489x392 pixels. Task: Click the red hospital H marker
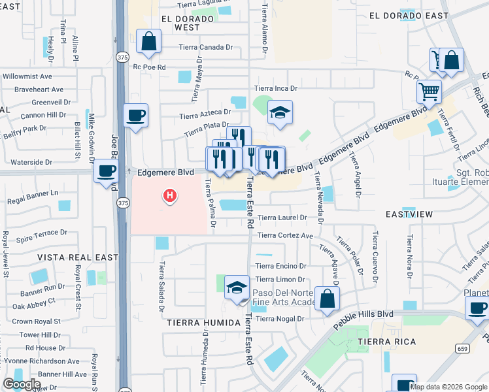(170, 195)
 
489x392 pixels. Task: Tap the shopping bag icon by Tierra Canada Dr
(149, 42)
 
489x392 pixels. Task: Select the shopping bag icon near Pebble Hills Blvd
(327, 299)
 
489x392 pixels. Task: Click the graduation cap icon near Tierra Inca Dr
(280, 113)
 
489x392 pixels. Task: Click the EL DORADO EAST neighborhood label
(409, 15)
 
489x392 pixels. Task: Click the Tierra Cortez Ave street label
(285, 235)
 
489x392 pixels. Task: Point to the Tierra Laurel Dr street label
(282, 218)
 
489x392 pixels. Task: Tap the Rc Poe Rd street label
(150, 67)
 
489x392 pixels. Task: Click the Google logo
(22, 384)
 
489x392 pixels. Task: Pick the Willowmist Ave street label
(27, 76)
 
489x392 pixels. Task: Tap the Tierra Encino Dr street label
(281, 266)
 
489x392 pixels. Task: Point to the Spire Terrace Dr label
(42, 232)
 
